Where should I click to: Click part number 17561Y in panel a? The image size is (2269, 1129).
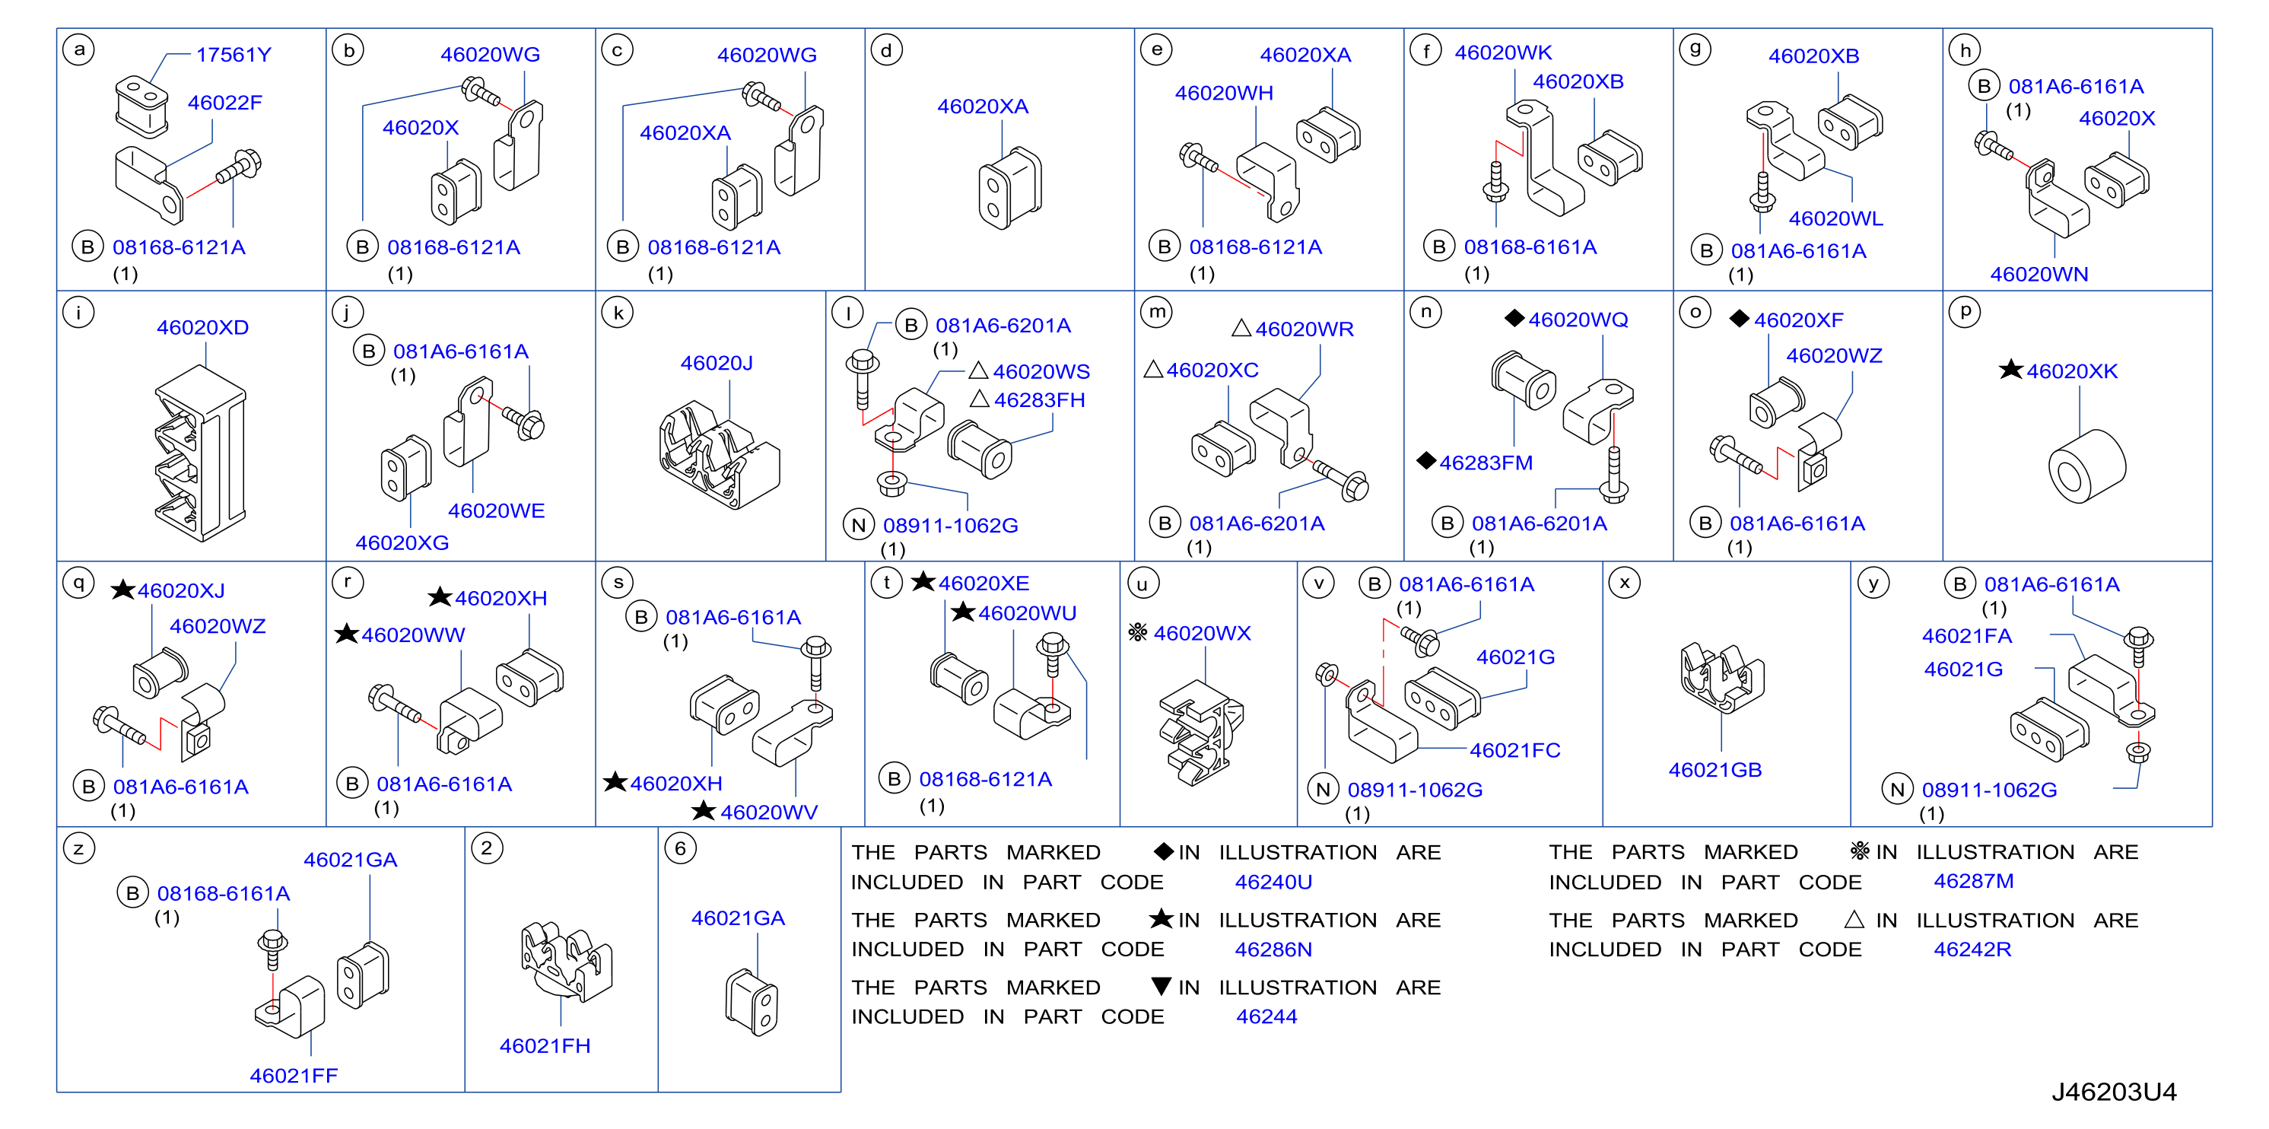point(234,55)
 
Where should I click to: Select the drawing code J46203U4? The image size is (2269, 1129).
point(2113,1092)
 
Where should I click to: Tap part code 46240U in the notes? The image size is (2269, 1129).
point(1273,882)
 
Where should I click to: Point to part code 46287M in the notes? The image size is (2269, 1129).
point(1973,881)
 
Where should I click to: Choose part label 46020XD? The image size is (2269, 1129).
point(202,328)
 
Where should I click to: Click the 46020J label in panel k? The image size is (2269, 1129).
point(716,363)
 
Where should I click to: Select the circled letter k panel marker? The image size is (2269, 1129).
point(618,313)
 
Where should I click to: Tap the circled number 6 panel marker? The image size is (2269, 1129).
point(680,849)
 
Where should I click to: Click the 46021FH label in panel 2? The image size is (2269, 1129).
point(545,1045)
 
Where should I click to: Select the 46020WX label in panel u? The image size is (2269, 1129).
point(1202,633)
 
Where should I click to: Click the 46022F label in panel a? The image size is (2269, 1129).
point(224,102)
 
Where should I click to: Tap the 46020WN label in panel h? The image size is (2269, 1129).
point(2039,274)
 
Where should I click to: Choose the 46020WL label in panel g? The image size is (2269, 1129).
point(1835,218)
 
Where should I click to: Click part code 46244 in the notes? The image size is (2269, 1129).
point(1266,1016)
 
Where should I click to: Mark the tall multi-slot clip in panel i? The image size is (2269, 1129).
point(200,453)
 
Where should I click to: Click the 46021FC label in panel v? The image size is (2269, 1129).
point(1514,750)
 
